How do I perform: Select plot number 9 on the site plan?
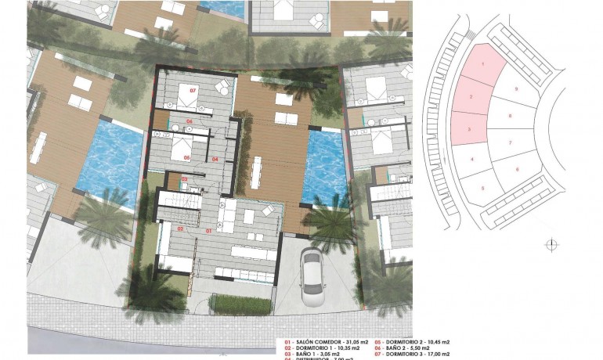(517, 89)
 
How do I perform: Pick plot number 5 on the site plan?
(482, 189)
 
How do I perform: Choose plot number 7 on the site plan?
(510, 143)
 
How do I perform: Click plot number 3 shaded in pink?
(468, 128)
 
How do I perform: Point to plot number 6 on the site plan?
(518, 169)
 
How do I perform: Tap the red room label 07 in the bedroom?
(193, 90)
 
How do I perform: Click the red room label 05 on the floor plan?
(187, 157)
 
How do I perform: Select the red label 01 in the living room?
(208, 231)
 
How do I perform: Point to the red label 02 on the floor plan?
(180, 229)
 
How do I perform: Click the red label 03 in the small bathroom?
(184, 179)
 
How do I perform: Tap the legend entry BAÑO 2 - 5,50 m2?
(412, 349)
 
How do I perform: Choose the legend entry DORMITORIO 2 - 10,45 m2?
(416, 343)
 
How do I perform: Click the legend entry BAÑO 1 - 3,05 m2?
(313, 355)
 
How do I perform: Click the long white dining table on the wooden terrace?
(257, 173)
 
